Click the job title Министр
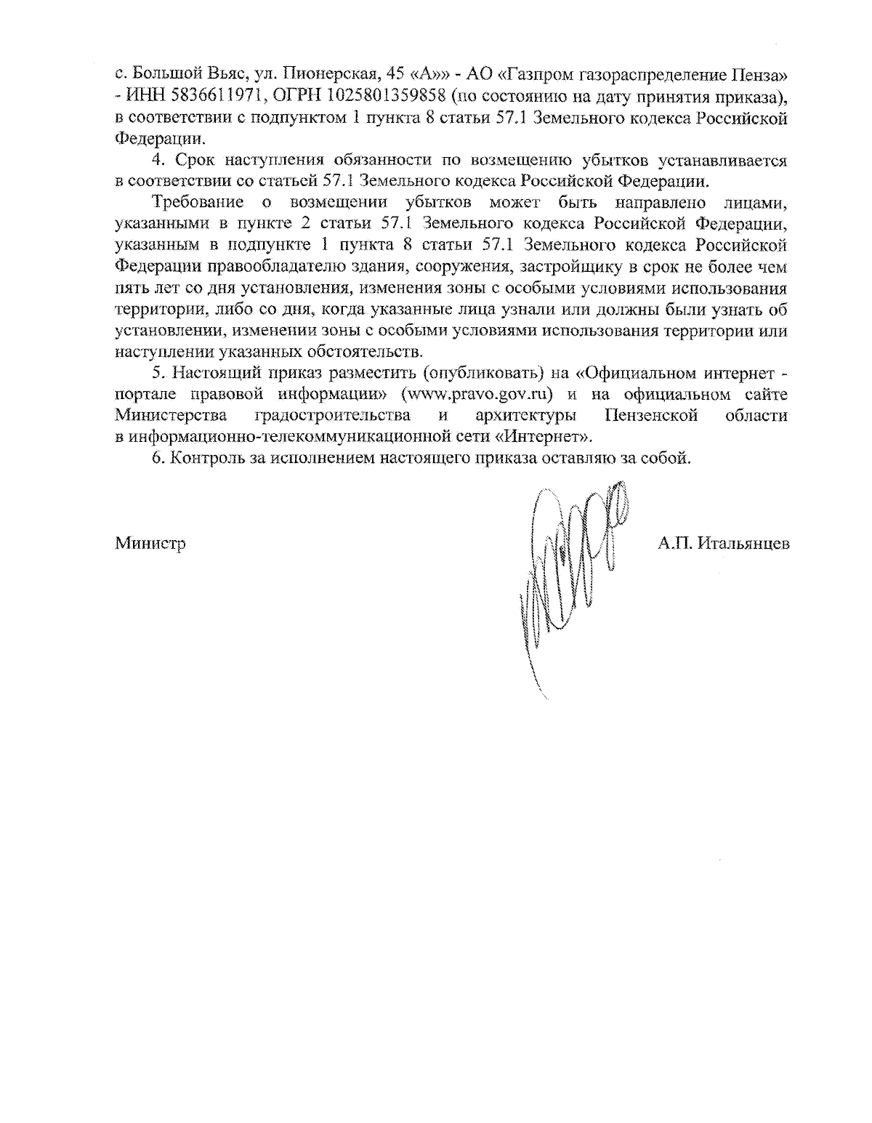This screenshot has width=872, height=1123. tap(150, 543)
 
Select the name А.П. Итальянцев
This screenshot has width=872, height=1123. tap(723, 543)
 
